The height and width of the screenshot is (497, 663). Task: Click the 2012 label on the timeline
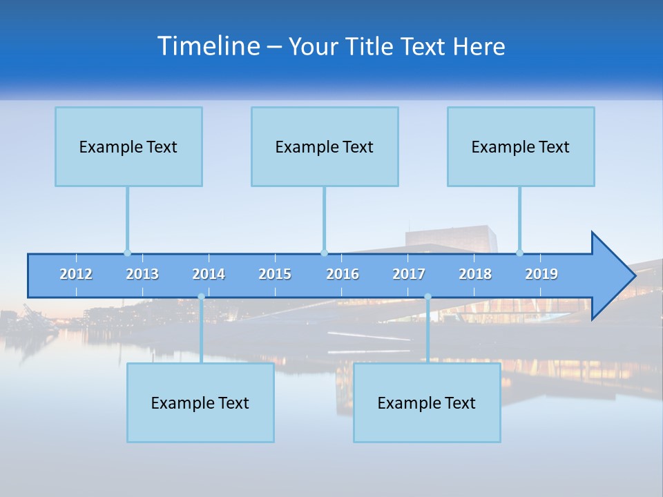(76, 274)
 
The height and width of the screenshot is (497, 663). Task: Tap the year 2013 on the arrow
(142, 274)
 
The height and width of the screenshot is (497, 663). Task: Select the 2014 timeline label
(209, 274)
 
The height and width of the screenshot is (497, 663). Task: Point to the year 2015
(275, 274)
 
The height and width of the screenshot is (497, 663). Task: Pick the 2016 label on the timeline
(343, 274)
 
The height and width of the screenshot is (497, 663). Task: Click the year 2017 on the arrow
(409, 274)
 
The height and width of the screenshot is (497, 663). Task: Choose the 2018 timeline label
(475, 274)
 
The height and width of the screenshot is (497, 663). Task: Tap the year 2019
(541, 274)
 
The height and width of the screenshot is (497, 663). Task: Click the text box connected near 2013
(128, 146)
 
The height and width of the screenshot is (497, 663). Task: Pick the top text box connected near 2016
(325, 146)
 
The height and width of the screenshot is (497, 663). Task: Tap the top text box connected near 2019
(521, 146)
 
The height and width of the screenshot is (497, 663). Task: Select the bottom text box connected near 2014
(200, 402)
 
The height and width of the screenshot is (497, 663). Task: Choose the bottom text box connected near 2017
(427, 402)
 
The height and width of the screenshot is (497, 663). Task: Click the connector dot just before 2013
(127, 253)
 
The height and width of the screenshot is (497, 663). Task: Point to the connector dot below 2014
(201, 297)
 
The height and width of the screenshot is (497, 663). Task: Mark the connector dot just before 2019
(519, 253)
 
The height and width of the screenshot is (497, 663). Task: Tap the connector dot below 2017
(427, 297)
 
